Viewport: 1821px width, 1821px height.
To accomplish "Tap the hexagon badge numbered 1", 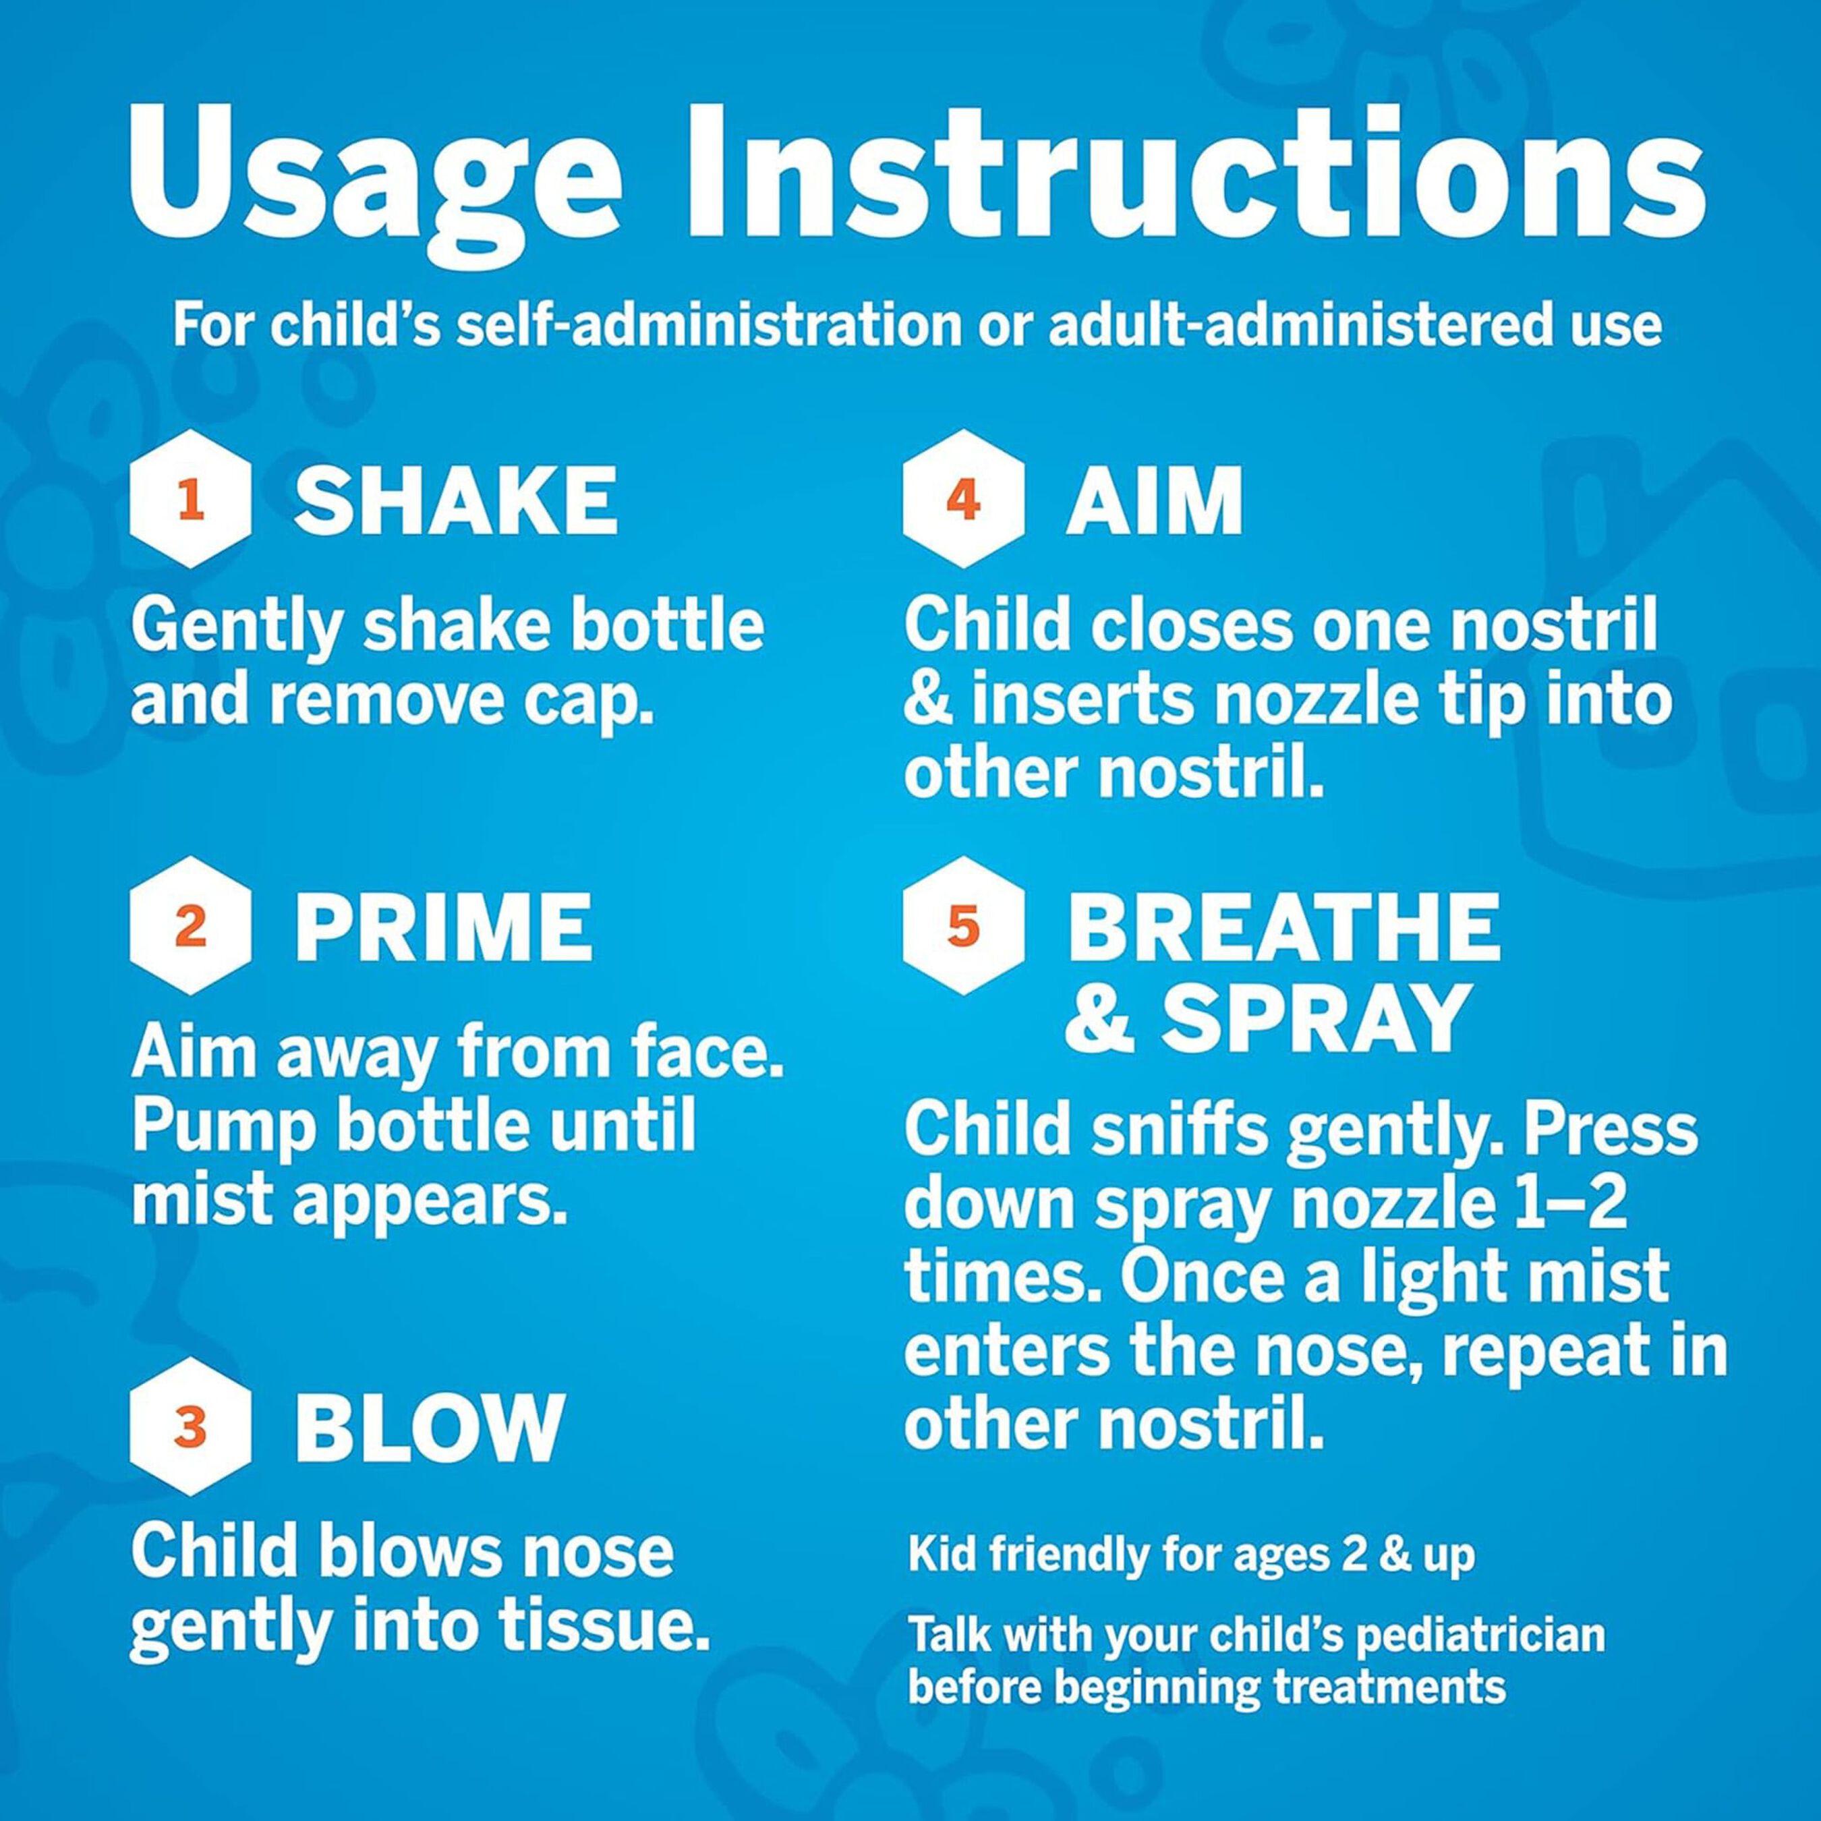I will click(190, 500).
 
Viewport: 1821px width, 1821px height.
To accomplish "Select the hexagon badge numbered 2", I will click(190, 927).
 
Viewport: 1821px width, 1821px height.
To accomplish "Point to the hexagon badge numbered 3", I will click(190, 1427).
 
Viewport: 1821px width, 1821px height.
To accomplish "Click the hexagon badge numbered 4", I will click(962, 500).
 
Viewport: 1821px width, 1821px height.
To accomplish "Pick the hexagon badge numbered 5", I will click(962, 927).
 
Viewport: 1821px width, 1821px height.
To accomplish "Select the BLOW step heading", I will click(429, 1428).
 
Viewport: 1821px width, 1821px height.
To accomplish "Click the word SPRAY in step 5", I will click(1315, 1021).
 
